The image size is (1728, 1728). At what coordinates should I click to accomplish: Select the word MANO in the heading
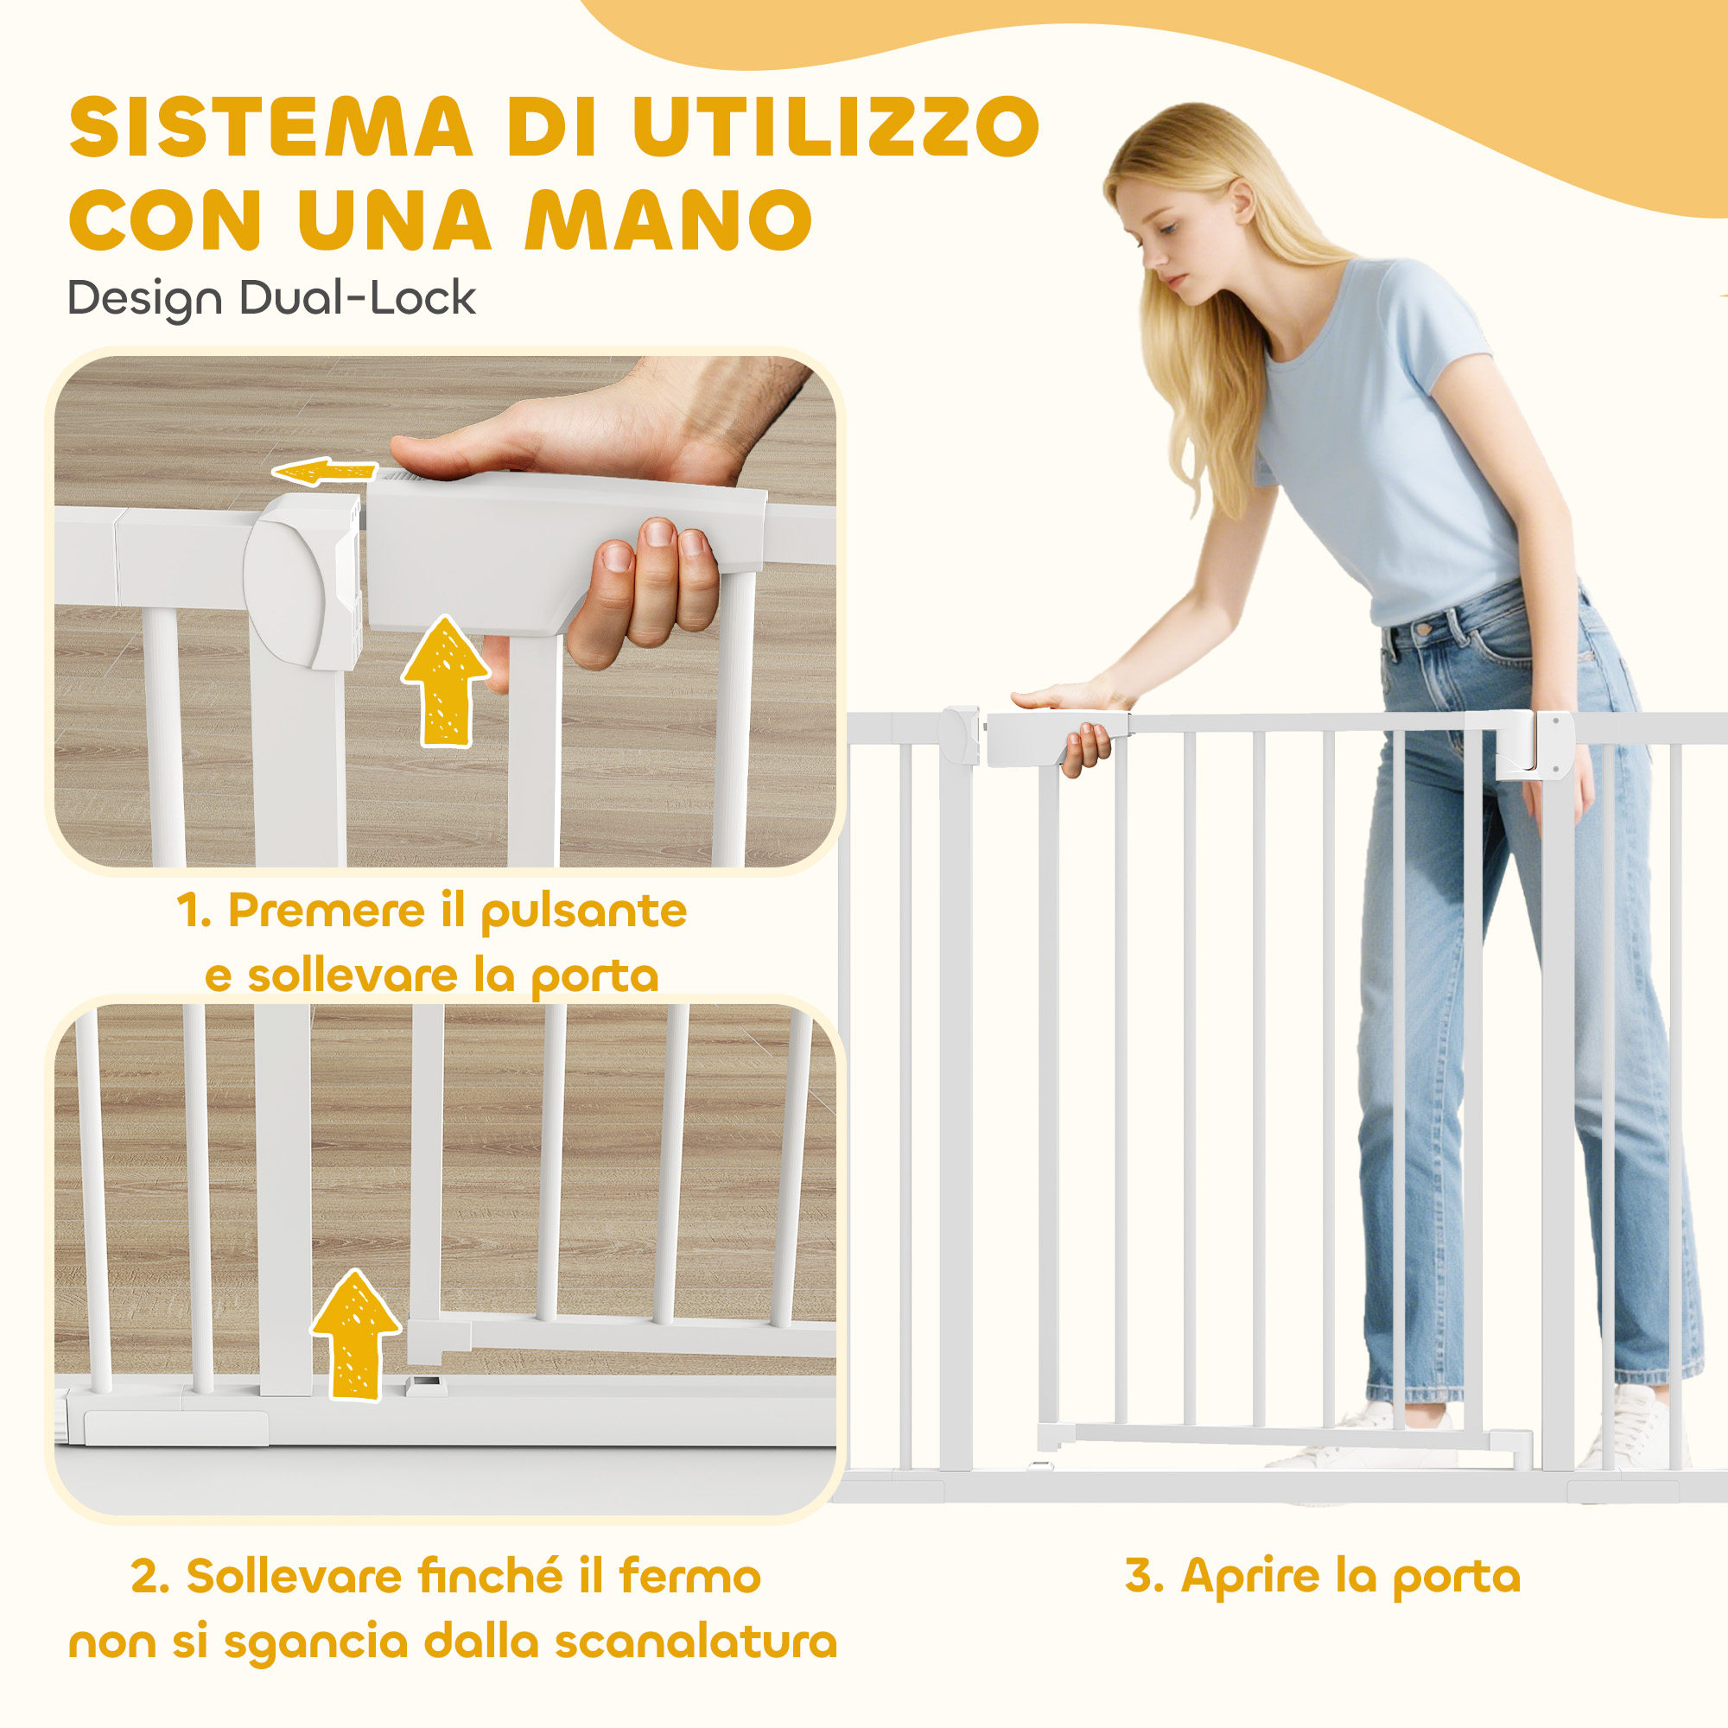click(668, 220)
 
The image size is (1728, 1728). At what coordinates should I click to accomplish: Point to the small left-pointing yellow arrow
click(324, 471)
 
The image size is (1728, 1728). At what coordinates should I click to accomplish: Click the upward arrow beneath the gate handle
click(444, 681)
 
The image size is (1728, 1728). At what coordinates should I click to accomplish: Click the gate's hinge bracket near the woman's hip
click(1534, 742)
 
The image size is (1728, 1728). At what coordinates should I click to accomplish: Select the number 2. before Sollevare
click(150, 1576)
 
